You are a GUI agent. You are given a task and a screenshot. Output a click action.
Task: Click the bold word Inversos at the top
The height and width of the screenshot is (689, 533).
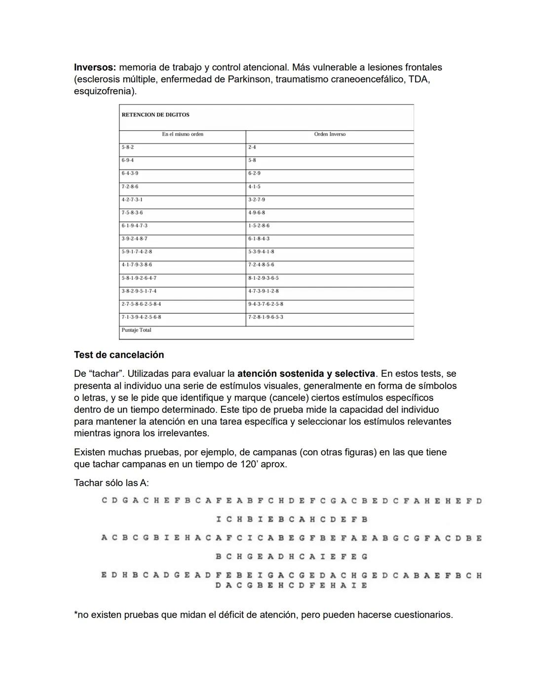click(x=95, y=67)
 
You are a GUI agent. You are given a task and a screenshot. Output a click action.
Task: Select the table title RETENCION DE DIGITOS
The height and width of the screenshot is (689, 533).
click(x=155, y=115)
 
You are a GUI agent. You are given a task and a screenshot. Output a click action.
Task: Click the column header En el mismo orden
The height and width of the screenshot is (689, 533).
click(x=183, y=134)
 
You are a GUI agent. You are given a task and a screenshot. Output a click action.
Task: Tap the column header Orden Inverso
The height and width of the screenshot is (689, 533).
click(x=330, y=134)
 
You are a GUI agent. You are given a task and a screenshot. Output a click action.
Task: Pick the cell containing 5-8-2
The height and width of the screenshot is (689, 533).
click(x=128, y=147)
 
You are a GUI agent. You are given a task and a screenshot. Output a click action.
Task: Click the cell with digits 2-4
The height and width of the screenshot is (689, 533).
click(x=252, y=147)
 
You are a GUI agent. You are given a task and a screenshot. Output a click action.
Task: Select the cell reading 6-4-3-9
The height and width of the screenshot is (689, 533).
click(x=130, y=174)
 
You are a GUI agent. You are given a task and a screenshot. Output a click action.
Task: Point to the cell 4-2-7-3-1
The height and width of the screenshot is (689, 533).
click(x=132, y=200)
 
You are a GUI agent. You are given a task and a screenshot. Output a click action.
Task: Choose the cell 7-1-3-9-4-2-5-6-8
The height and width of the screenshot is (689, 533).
click(x=141, y=317)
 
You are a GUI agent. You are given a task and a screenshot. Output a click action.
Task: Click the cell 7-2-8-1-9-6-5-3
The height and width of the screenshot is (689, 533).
click(x=266, y=317)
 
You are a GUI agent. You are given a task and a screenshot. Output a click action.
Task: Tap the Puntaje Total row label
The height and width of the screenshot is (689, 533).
click(x=136, y=330)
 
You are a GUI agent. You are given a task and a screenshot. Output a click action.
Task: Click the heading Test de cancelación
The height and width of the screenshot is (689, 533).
click(x=118, y=355)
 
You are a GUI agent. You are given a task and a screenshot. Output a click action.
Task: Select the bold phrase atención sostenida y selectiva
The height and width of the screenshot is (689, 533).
click(x=305, y=374)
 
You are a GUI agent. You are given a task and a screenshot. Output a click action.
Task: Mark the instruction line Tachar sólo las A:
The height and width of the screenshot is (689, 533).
click(x=111, y=483)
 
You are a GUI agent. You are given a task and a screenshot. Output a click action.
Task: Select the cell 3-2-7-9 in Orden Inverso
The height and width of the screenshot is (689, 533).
click(x=257, y=200)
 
